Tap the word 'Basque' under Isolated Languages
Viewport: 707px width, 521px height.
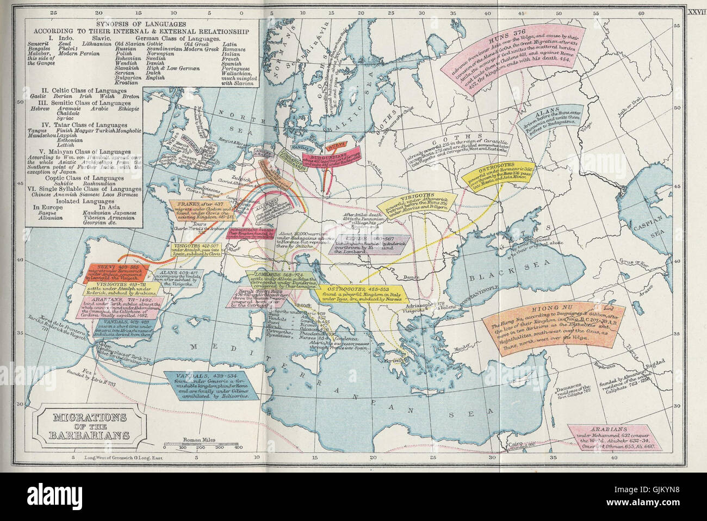(x=42, y=213)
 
